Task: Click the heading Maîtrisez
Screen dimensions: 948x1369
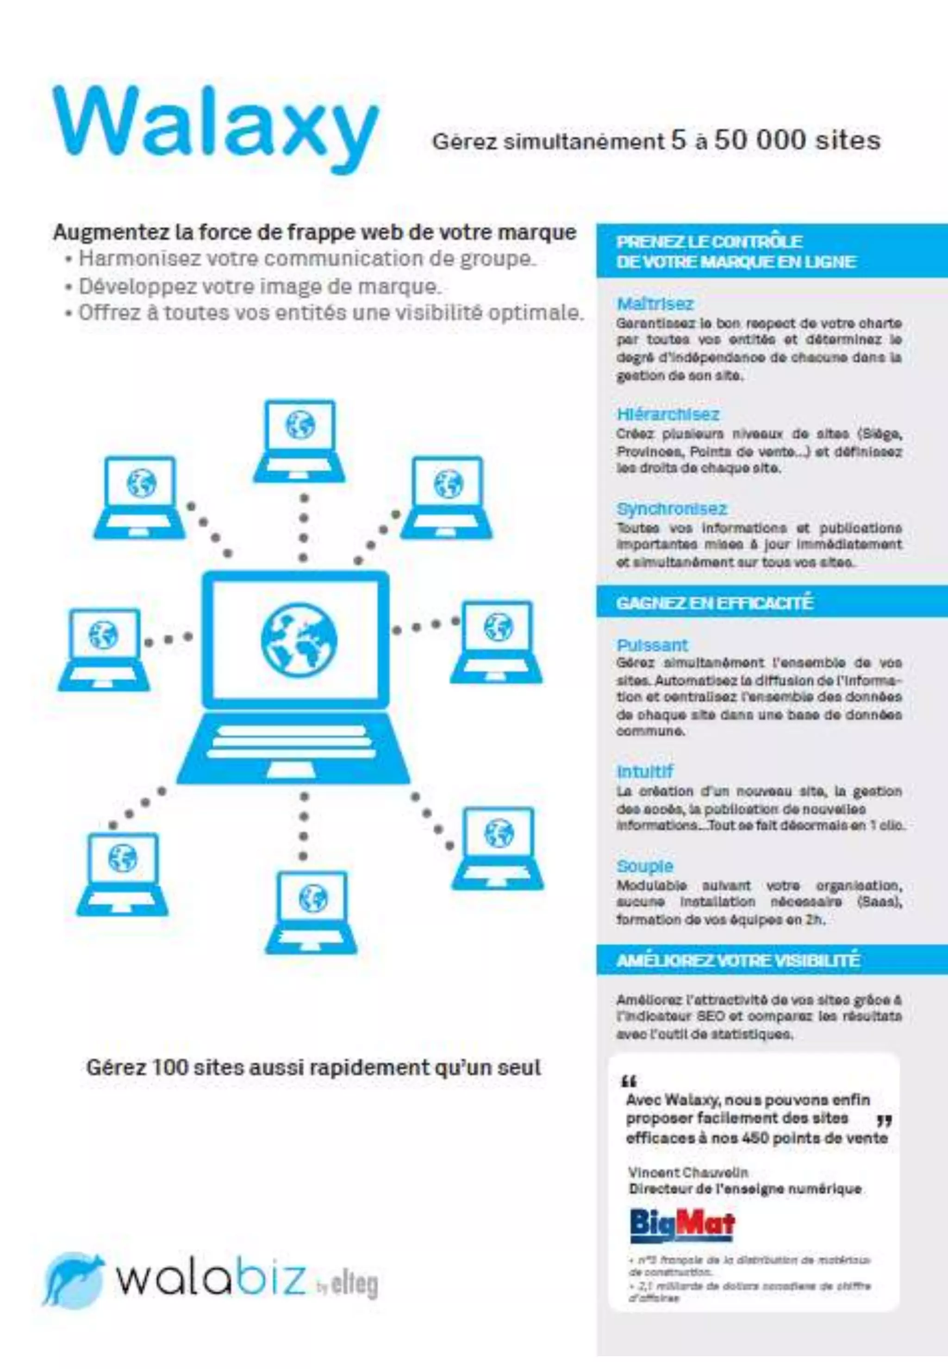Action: (655, 304)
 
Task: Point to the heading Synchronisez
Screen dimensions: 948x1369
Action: (671, 509)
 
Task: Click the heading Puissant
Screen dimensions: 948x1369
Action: (652, 645)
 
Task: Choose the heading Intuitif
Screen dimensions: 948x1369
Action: (644, 771)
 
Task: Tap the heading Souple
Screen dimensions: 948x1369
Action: (644, 866)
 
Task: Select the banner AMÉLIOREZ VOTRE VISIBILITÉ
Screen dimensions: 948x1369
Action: (738, 960)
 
